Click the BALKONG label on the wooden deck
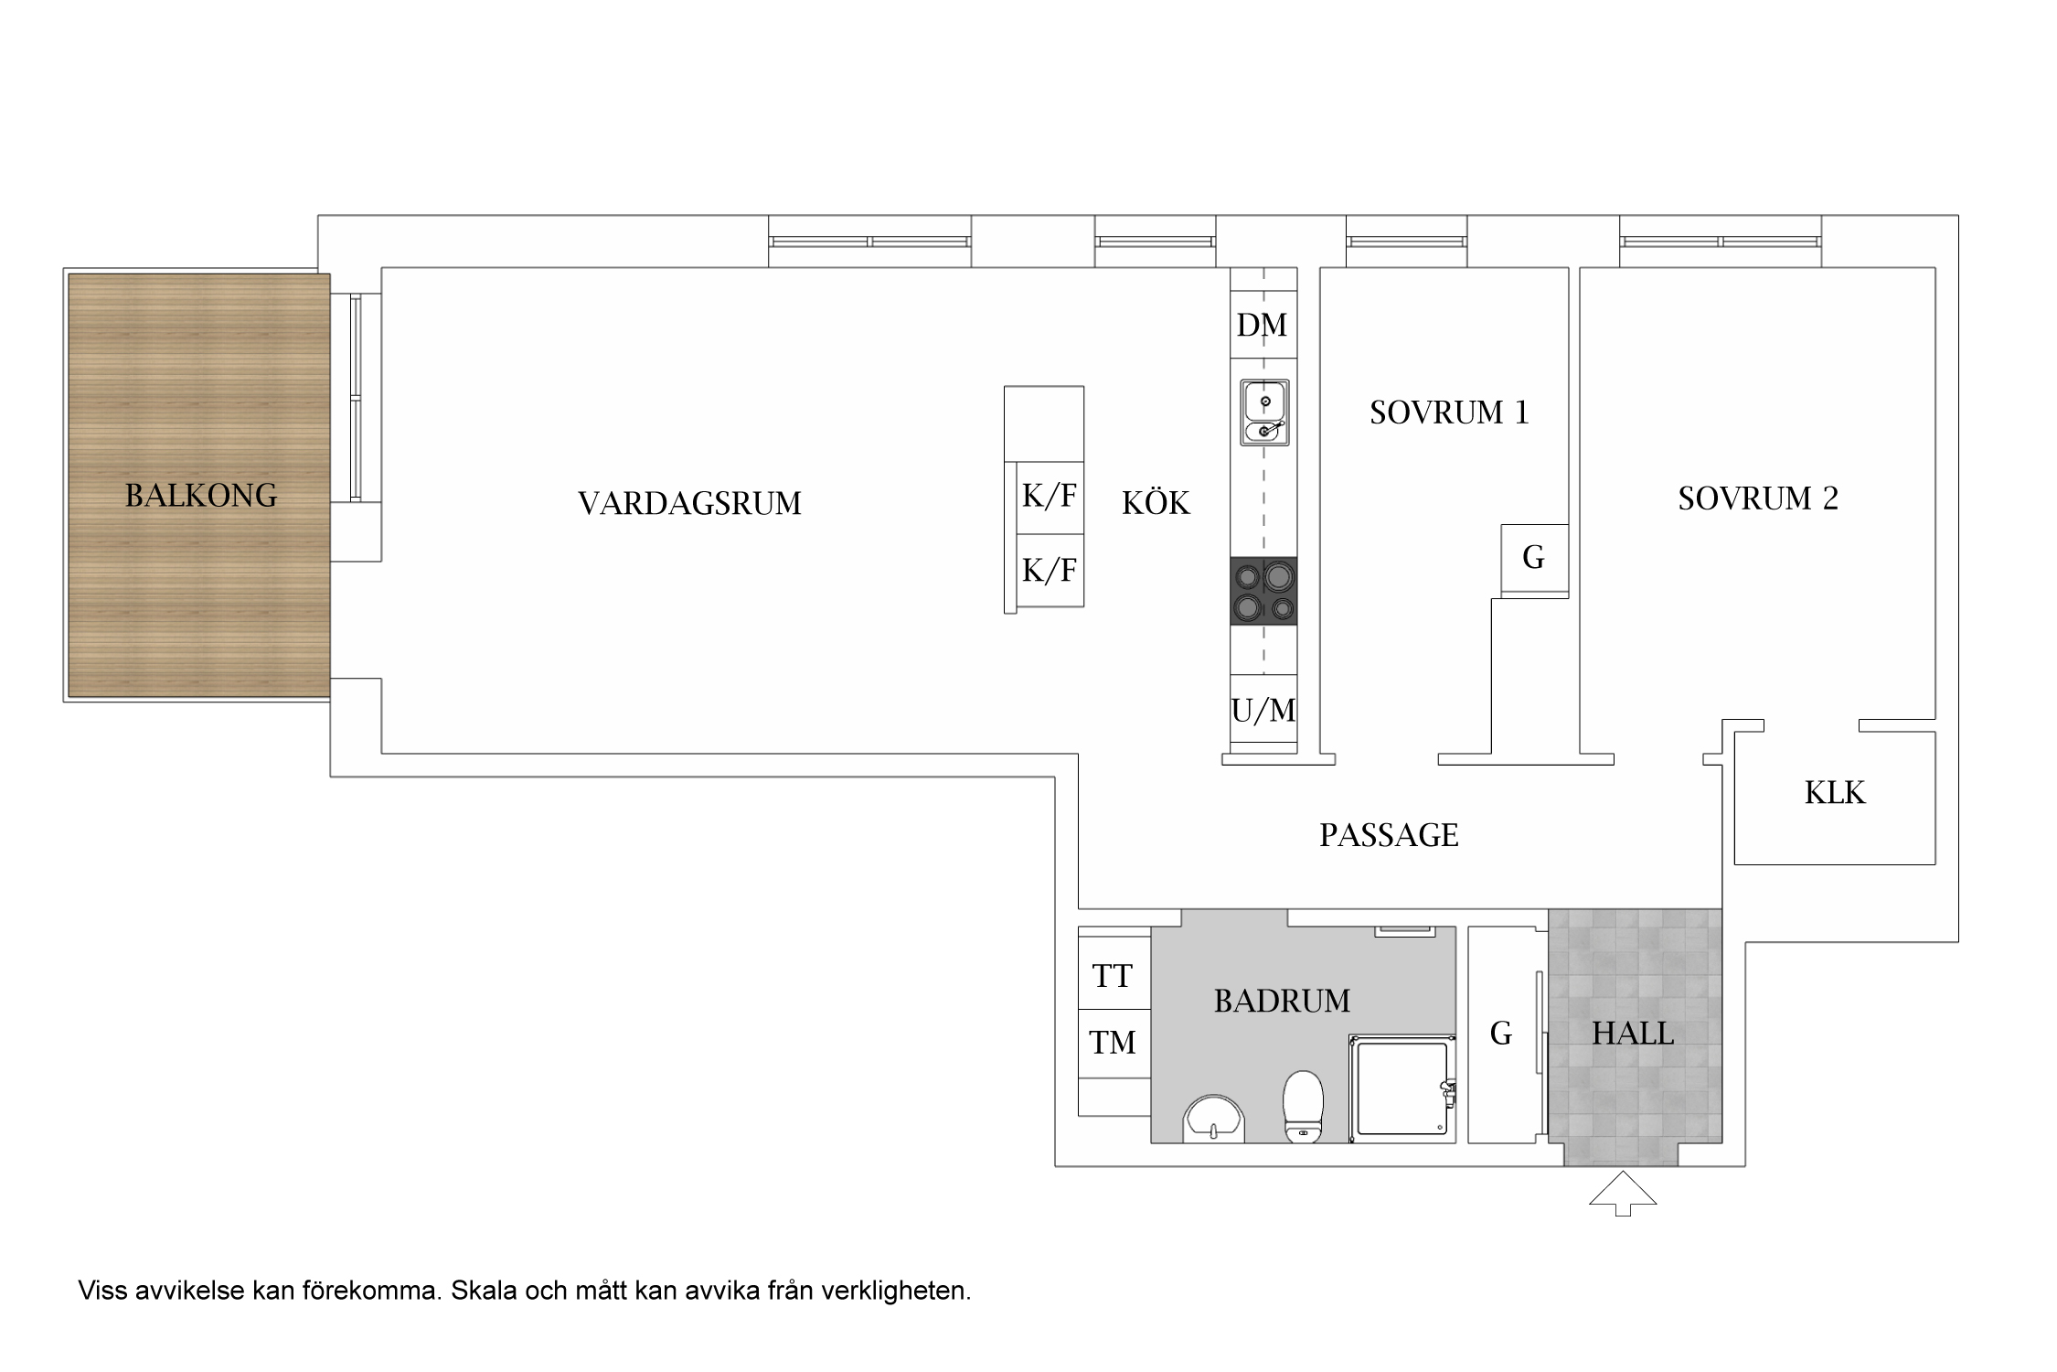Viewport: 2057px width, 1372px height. click(x=200, y=495)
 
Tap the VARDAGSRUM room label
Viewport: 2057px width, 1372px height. click(x=689, y=503)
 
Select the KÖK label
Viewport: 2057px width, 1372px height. click(x=1156, y=503)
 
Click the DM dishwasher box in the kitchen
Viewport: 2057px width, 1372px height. click(x=1263, y=325)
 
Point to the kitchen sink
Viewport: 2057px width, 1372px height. click(x=1265, y=413)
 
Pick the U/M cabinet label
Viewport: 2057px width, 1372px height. click(x=1263, y=710)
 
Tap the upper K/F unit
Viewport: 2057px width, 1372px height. click(x=1049, y=497)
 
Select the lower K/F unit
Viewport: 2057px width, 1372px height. click(x=1049, y=571)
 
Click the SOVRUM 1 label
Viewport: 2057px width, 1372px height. click(x=1449, y=413)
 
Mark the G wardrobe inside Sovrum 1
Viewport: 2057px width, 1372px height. click(x=1534, y=557)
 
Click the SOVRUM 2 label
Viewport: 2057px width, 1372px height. click(x=1757, y=498)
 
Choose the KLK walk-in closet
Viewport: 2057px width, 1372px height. click(x=1834, y=793)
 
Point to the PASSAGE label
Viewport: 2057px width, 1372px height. click(x=1388, y=835)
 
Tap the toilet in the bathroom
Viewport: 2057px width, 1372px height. click(x=1304, y=1107)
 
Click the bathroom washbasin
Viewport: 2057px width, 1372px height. click(x=1214, y=1120)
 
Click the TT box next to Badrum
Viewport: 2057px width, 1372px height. click(x=1113, y=976)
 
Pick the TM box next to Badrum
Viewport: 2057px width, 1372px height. click(x=1113, y=1042)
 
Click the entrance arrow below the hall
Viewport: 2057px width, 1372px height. click(x=1623, y=1193)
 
